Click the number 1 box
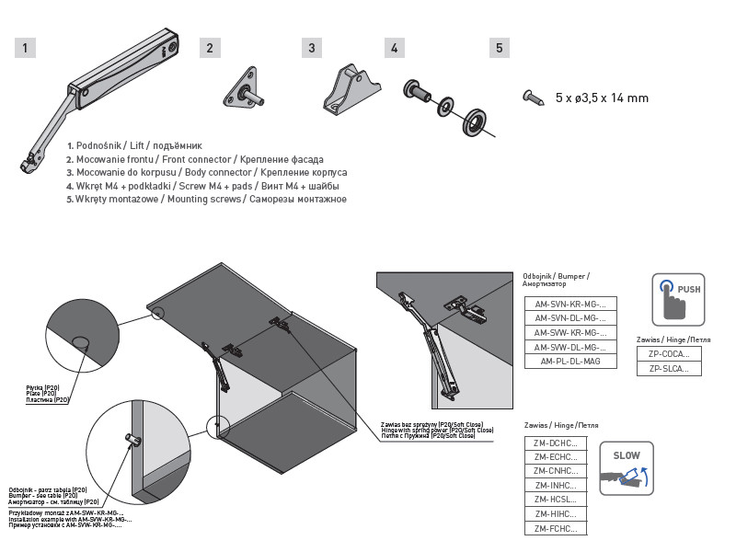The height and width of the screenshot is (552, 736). [26, 48]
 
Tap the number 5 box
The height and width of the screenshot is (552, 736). [499, 48]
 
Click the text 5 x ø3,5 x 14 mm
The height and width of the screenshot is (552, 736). [602, 98]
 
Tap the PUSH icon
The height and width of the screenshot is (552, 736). [678, 299]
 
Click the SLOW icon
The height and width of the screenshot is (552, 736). [626, 467]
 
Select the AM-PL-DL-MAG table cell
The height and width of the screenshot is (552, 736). [570, 362]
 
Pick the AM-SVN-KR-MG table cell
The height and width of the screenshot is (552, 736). [570, 304]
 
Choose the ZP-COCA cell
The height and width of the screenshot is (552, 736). [669, 353]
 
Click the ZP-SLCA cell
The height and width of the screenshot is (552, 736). [669, 368]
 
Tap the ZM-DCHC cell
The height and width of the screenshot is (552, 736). [555, 443]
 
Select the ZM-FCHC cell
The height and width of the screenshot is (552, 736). [555, 528]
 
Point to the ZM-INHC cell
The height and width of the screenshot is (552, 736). [555, 485]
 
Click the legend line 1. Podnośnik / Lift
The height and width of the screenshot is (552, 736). [134, 146]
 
